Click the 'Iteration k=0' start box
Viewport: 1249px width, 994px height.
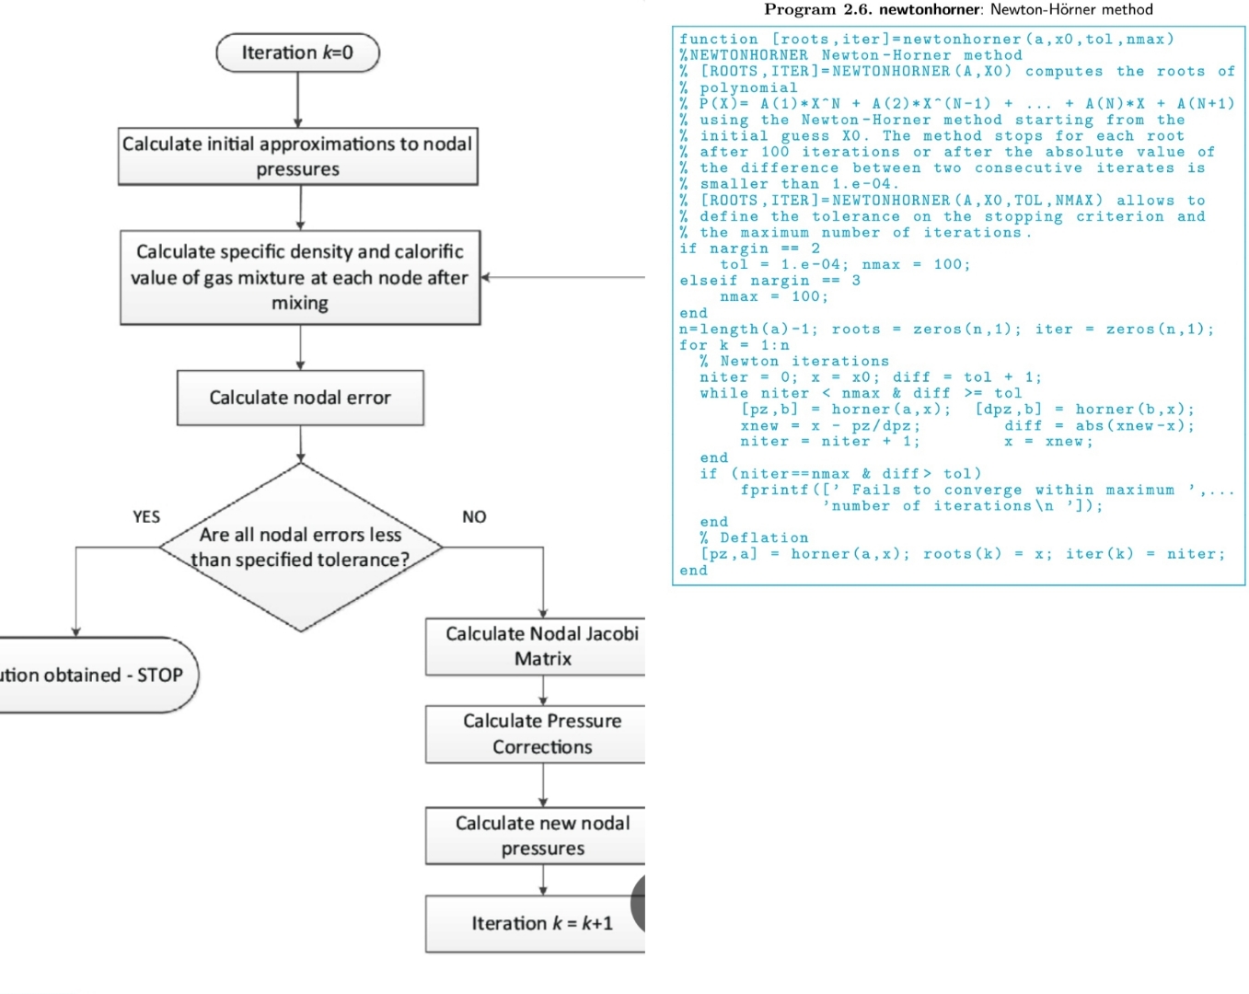[x=297, y=52]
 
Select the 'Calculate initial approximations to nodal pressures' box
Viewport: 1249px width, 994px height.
[x=297, y=156]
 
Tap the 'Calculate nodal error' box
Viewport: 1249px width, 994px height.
[x=300, y=398]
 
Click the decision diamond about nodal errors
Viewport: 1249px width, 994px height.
[x=300, y=548]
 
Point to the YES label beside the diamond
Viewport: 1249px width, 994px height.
[x=146, y=517]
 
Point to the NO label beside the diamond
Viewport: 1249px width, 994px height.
[x=474, y=517]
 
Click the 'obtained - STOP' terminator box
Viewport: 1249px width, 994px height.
[x=92, y=675]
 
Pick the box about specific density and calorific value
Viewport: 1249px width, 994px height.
[x=300, y=277]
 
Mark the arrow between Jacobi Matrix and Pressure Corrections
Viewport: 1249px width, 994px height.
[x=543, y=690]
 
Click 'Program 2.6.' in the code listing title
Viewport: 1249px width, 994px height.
[x=817, y=10]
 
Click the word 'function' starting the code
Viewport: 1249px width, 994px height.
[x=719, y=40]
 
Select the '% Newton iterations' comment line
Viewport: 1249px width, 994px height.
[x=793, y=362]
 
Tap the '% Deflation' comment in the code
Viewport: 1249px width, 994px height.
[x=754, y=538]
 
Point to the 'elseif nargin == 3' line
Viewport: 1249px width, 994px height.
[x=769, y=281]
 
